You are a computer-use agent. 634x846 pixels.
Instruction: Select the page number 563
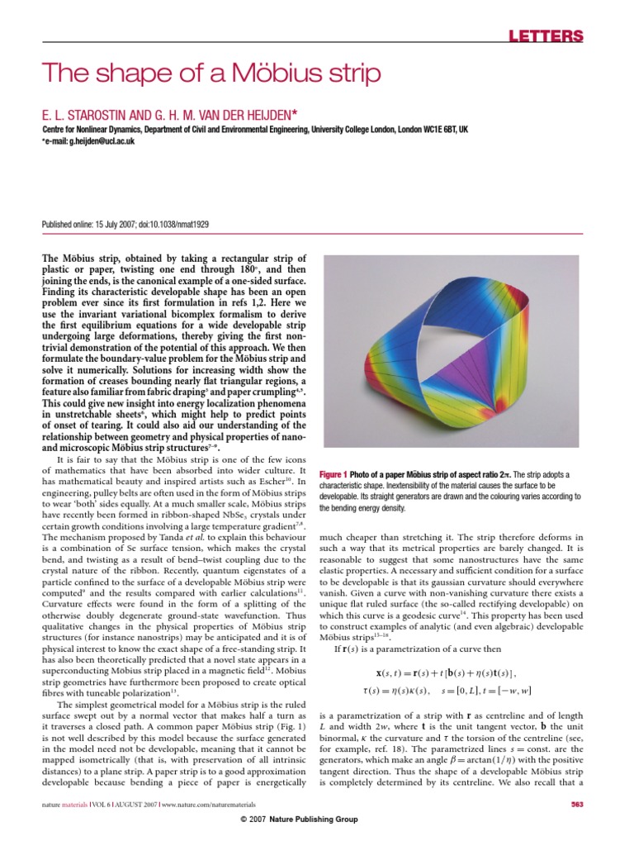pyautogui.click(x=577, y=804)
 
